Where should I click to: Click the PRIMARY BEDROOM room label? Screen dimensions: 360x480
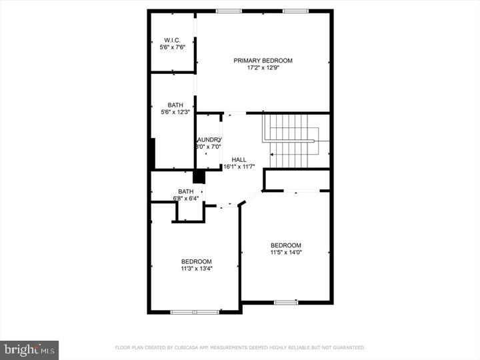pyautogui.click(x=263, y=61)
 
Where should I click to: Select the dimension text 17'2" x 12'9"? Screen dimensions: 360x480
pyautogui.click(x=263, y=68)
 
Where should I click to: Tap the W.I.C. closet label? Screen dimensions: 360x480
pyautogui.click(x=172, y=40)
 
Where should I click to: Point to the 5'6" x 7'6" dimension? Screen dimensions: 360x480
pyautogui.click(x=172, y=47)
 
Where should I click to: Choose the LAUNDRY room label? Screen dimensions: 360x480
pyautogui.click(x=205, y=139)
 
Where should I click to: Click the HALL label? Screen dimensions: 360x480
pyautogui.click(x=239, y=160)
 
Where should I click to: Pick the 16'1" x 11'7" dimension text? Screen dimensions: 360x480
pyautogui.click(x=239, y=167)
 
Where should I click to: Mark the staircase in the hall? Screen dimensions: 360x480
pyautogui.click(x=291, y=141)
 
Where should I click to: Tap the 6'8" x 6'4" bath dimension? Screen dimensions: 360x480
pyautogui.click(x=186, y=198)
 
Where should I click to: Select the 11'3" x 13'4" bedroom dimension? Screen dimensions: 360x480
pyautogui.click(x=197, y=269)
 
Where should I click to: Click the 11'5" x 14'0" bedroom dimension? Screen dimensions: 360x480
pyautogui.click(x=286, y=253)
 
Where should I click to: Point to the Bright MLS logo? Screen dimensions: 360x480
pyautogui.click(x=29, y=349)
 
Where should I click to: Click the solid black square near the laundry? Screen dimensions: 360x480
pyautogui.click(x=199, y=177)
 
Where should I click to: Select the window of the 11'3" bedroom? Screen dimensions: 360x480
pyautogui.click(x=195, y=311)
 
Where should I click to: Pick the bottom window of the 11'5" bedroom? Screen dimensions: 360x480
pyautogui.click(x=286, y=303)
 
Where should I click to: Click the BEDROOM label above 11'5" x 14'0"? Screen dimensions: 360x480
pyautogui.click(x=286, y=245)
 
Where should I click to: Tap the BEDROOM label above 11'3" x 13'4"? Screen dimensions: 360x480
pyautogui.click(x=197, y=261)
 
